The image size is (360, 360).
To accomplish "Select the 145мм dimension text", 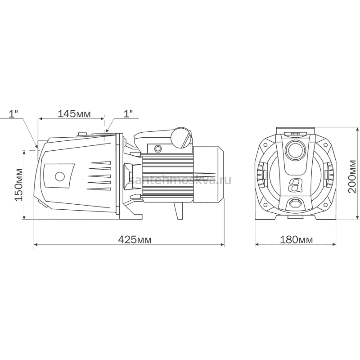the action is [74, 113].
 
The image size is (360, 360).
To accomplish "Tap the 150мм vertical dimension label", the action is [19, 185].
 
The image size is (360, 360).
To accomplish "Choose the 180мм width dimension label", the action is [296, 239].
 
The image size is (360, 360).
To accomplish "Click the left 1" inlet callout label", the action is [13, 114].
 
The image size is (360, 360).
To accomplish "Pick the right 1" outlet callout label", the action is [128, 113].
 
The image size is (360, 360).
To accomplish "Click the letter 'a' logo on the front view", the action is [295, 185].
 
